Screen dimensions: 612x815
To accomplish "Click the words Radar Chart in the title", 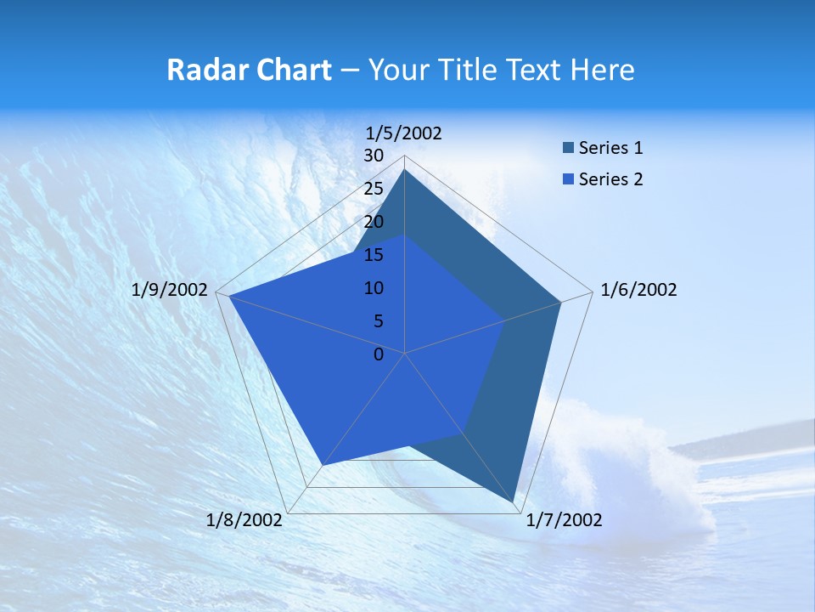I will click(x=249, y=70).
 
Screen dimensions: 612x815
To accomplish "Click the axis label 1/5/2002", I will click(x=404, y=133).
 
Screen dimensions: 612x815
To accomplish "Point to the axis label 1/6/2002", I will click(x=638, y=290).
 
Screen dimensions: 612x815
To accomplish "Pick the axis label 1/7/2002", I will click(x=564, y=520).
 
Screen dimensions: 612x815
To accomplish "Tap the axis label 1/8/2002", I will click(x=244, y=520).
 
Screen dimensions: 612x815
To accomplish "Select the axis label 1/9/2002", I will click(x=170, y=290).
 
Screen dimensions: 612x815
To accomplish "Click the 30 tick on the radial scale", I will click(x=374, y=156).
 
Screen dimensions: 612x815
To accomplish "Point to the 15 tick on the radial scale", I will click(x=374, y=255).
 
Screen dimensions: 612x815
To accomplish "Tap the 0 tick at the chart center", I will click(x=379, y=354).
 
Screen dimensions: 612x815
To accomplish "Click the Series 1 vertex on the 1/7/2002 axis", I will click(x=514, y=503).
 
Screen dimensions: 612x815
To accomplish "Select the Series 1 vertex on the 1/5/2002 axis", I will click(x=405, y=170).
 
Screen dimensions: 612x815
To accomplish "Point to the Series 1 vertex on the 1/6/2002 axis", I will click(x=560, y=302).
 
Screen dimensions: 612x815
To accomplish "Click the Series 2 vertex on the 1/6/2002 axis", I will click(x=504, y=320).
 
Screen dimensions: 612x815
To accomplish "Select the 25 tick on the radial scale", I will click(x=374, y=189).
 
